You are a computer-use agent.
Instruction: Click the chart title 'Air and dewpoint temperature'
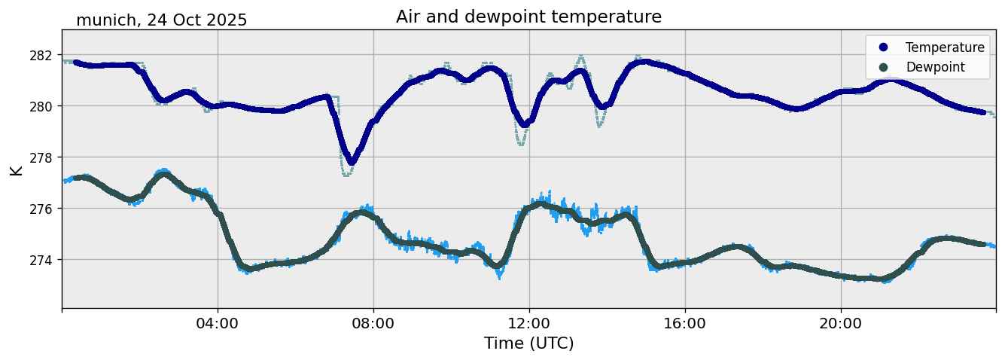528,17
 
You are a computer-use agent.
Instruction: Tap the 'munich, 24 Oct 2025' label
161,20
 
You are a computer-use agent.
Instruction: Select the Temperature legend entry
945,47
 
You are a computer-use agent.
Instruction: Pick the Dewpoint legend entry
935,67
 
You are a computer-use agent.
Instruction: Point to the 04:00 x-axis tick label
218,324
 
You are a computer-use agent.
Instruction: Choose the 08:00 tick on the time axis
373,324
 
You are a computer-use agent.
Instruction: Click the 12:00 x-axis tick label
529,324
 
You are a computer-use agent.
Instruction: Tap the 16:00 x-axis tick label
685,324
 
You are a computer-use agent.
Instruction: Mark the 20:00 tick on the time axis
841,324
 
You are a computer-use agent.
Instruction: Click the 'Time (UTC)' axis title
528,343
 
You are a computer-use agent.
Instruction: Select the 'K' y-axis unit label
17,169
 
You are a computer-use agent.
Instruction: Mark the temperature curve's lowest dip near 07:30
351,161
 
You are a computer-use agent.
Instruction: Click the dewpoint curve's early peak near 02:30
163,175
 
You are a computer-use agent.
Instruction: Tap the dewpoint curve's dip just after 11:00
498,265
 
